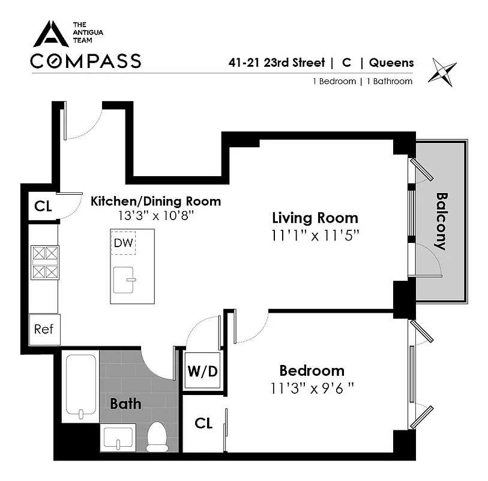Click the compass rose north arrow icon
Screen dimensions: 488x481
[x=442, y=72]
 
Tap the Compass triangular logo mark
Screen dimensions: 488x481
[x=51, y=34]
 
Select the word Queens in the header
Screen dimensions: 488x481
[x=391, y=63]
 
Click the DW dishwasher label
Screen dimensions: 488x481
[x=123, y=243]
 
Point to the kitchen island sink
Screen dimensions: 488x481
[x=124, y=280]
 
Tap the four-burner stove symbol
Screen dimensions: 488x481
[x=45, y=263]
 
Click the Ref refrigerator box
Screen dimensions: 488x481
[x=44, y=329]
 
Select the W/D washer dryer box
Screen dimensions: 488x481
[x=202, y=370]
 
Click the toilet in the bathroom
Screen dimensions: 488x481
[x=157, y=437]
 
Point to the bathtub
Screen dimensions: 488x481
[x=80, y=386]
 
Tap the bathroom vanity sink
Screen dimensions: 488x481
[x=118, y=438]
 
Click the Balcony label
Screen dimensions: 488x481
[x=441, y=222]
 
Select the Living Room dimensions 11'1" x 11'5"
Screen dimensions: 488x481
[x=315, y=236]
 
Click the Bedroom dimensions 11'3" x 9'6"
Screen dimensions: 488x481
[x=312, y=388]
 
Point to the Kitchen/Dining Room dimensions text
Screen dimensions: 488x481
[x=155, y=215]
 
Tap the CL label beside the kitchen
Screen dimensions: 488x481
[x=43, y=206]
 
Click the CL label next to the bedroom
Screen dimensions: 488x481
[x=203, y=423]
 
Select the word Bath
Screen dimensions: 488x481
[x=125, y=403]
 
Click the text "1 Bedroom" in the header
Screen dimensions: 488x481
[x=334, y=81]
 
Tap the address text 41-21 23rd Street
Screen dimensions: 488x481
[x=276, y=63]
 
